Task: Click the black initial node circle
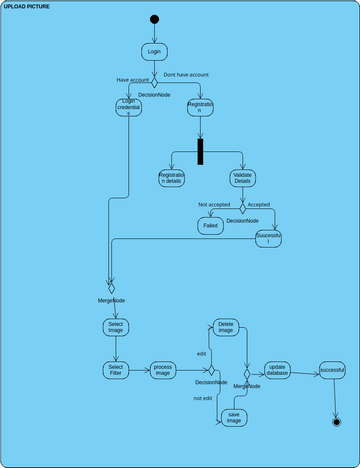[154, 19]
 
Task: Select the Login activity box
[154, 51]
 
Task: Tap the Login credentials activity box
[129, 106]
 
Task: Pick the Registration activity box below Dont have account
[200, 106]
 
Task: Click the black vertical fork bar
[200, 151]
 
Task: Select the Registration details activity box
[171, 178]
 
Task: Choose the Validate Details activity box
[243, 178]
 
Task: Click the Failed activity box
[211, 227]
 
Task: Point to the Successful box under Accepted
[269, 239]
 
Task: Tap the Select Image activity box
[116, 327]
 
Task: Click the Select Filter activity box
[116, 371]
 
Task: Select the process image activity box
[163, 371]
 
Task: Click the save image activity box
[234, 417]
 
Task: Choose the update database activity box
[278, 371]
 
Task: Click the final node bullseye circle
[337, 422]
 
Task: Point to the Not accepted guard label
[213, 205]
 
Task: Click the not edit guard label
[203, 398]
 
